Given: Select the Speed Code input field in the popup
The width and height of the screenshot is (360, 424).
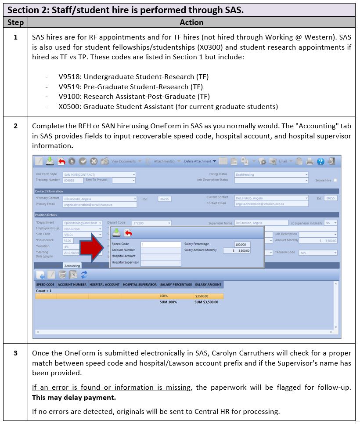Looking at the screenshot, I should tap(160, 244).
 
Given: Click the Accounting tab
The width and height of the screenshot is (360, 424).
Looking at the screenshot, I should tap(72, 266).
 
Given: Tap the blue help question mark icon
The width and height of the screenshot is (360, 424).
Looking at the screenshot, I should tap(320, 161).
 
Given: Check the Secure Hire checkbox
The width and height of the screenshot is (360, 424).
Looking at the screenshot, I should tap(335, 180).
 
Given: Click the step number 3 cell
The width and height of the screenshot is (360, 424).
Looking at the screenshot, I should tap(16, 353).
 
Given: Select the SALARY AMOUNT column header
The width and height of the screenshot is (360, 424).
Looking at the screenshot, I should tap(208, 285).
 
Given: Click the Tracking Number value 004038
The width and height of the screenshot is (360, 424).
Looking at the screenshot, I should tap(69, 180).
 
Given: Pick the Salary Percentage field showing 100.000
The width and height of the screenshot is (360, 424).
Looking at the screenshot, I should tap(242, 244).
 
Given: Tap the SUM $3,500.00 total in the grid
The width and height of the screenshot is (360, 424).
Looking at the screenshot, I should tap(206, 302).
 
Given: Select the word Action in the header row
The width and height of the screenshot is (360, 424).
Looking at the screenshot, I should tap(191, 22).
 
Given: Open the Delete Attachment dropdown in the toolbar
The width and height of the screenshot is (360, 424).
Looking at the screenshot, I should tap(200, 161).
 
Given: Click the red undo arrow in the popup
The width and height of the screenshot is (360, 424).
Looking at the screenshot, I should tap(128, 233).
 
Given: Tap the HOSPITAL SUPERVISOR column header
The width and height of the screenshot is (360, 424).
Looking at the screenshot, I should tap(140, 285).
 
